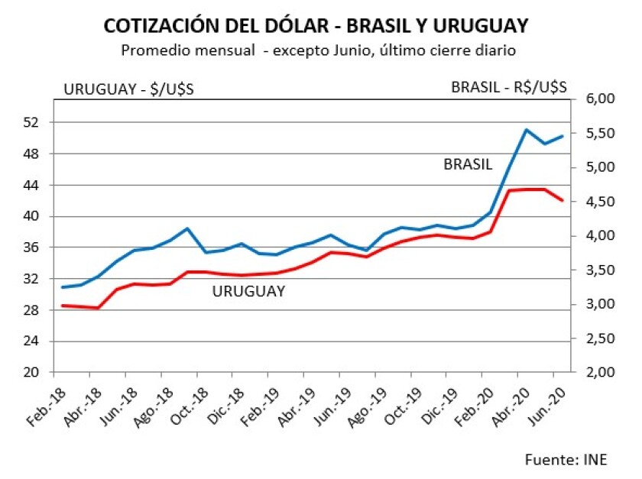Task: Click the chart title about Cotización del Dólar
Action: point(316,26)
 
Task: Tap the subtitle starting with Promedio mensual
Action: point(316,50)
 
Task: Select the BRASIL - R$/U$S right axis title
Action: point(509,87)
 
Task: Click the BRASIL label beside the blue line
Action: point(468,164)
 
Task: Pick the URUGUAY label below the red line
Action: point(248,291)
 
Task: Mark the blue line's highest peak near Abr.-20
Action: point(526,130)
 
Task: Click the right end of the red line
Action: point(563,201)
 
